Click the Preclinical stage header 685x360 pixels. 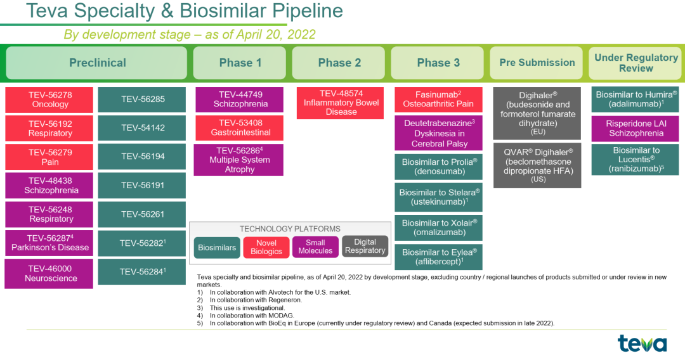[x=96, y=63]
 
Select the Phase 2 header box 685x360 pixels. [x=339, y=63]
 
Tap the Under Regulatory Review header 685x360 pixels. [x=636, y=63]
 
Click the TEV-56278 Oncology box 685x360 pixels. [x=49, y=100]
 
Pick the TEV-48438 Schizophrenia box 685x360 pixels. [x=49, y=186]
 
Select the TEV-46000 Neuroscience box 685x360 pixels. [x=49, y=274]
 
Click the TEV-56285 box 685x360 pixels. [x=142, y=100]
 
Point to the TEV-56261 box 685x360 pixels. [x=142, y=214]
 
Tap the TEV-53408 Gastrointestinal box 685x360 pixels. [x=239, y=128]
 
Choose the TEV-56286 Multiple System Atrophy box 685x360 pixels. [x=239, y=160]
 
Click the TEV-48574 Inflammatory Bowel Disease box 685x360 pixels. [x=341, y=103]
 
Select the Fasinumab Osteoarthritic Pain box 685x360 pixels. [x=439, y=100]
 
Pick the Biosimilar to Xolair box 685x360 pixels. [x=439, y=228]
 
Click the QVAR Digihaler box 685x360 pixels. [x=537, y=165]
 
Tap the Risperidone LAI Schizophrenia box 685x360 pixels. [x=635, y=129]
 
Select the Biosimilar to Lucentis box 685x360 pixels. [x=635, y=160]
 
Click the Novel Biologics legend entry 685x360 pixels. [x=266, y=247]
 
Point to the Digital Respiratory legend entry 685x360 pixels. [x=365, y=247]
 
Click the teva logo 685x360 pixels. [x=642, y=343]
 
